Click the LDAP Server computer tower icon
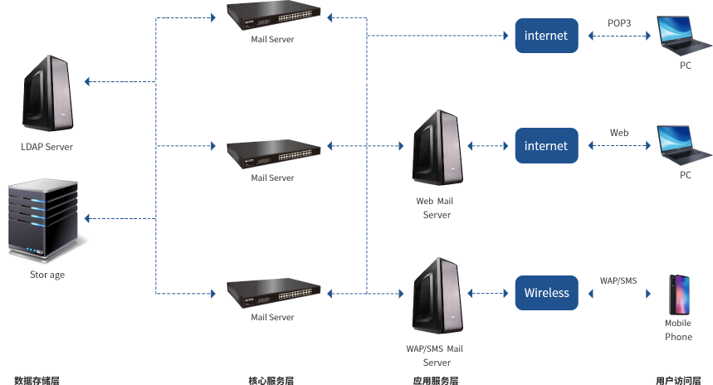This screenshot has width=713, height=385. pyautogui.click(x=47, y=93)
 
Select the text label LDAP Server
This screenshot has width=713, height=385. pyautogui.click(x=46, y=147)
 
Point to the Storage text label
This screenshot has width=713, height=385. pyautogui.click(x=47, y=275)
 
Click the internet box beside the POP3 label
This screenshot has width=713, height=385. pyautogui.click(x=546, y=36)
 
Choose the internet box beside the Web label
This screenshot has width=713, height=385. pyautogui.click(x=546, y=145)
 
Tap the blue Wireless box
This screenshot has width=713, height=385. pyautogui.click(x=546, y=292)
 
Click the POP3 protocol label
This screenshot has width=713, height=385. pyautogui.click(x=619, y=23)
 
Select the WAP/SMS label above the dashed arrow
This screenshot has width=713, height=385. pyautogui.click(x=618, y=280)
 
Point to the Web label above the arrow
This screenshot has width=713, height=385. pyautogui.click(x=619, y=133)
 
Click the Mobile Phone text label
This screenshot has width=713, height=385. pyautogui.click(x=678, y=330)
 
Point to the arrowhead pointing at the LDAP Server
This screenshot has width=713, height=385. pyautogui.click(x=89, y=81)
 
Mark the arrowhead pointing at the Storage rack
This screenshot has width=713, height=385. pyautogui.click(x=89, y=218)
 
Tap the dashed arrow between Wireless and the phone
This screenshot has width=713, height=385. pyautogui.click(x=618, y=293)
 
